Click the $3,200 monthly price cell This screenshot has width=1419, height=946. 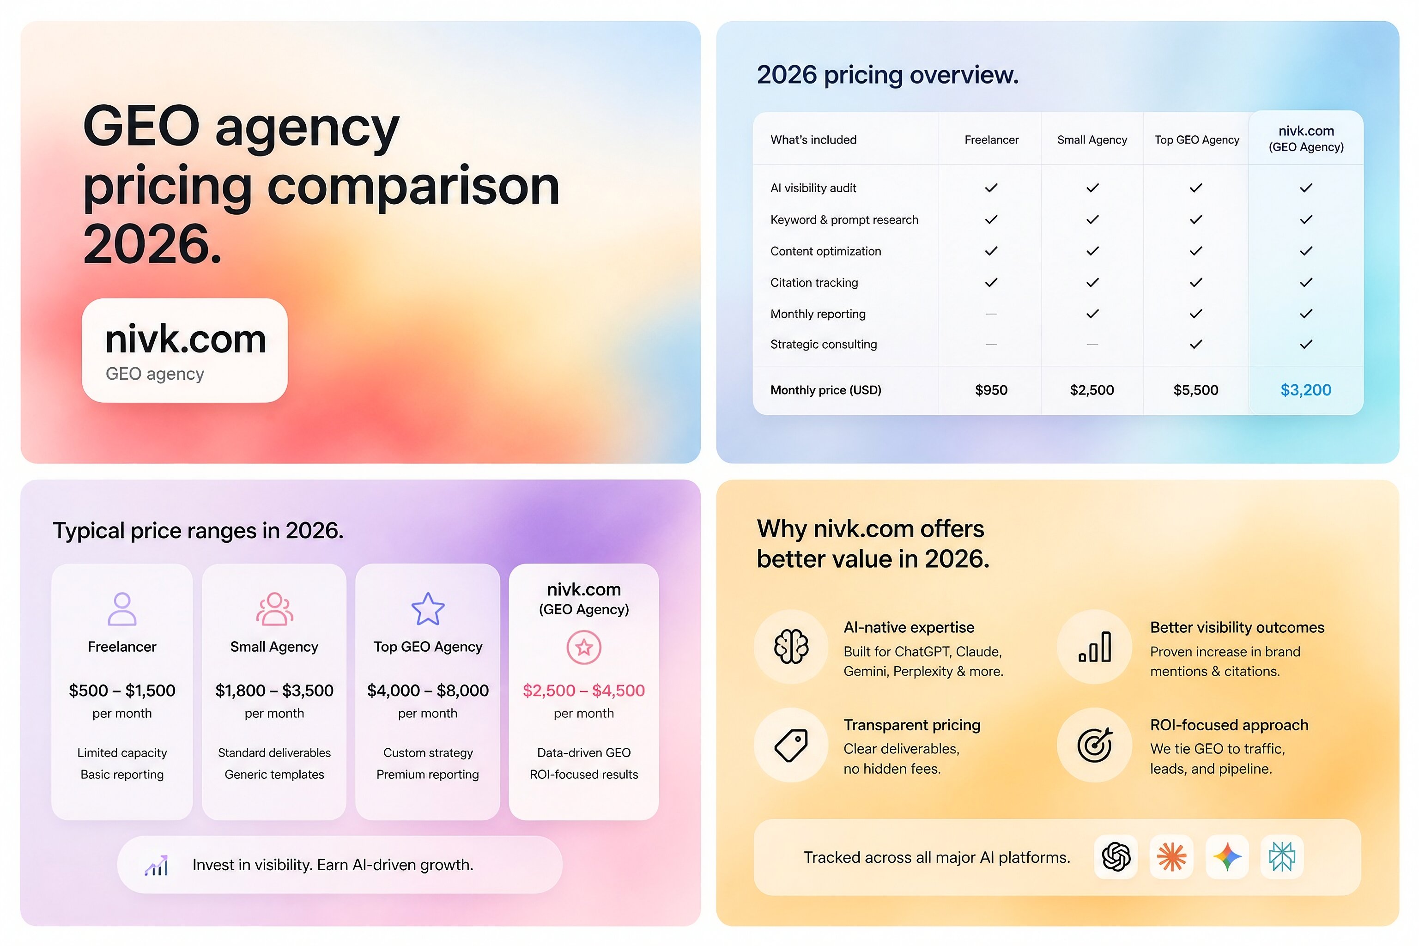coord(1305,390)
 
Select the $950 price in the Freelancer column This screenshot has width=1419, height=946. coord(991,390)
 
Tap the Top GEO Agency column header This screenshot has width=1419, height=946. coord(1196,140)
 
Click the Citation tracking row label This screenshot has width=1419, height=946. coord(814,282)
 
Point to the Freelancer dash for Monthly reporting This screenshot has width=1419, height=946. coord(991,314)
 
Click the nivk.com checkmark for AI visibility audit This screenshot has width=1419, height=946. coord(1305,188)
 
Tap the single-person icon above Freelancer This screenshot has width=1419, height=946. coord(122,609)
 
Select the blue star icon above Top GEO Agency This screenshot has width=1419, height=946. coord(428,608)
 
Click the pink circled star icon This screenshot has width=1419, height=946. coord(583,647)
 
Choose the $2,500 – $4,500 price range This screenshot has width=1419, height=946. coord(583,690)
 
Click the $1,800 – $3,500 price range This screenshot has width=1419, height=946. coord(274,690)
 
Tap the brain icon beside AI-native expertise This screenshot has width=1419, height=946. coord(791,647)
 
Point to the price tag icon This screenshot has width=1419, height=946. coord(791,745)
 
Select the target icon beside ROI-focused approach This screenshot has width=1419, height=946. coord(1094,745)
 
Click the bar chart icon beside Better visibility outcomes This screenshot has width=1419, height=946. coord(1094,647)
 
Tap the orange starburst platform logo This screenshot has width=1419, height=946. coord(1171,857)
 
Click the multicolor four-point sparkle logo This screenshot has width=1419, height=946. coord(1226,857)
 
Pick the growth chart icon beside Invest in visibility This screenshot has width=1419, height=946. coord(156,865)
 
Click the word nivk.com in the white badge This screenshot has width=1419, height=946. coord(185,339)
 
